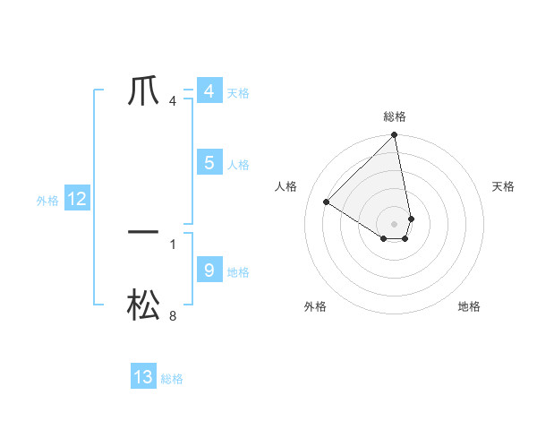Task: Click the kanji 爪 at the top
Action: tap(143, 90)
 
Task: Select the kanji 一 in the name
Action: tap(143, 232)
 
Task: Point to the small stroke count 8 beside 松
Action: tap(173, 316)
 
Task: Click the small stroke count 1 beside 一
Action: tap(173, 244)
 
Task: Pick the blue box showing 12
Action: tap(77, 200)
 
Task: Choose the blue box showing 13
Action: tap(143, 377)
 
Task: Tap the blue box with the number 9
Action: tap(209, 270)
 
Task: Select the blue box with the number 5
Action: tap(209, 163)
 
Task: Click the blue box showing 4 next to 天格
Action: tap(209, 91)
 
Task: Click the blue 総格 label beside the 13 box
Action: tap(172, 379)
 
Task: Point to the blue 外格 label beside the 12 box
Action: tap(47, 201)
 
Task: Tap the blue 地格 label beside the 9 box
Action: tap(238, 272)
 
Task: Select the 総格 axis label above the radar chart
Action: tap(395, 116)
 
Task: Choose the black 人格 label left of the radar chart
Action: tap(286, 186)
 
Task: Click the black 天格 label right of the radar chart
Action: tap(504, 186)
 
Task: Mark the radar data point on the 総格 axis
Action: tap(395, 135)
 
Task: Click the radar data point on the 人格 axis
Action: tap(327, 202)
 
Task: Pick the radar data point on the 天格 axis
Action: tap(412, 218)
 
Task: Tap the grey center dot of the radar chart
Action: tap(395, 223)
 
